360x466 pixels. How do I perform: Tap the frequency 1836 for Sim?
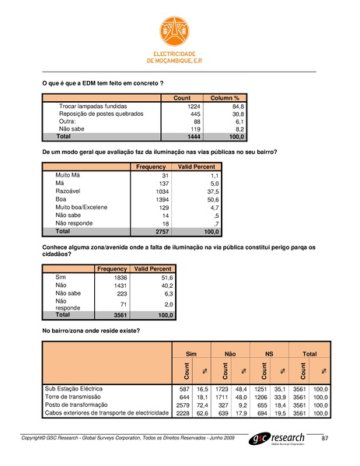coord(118,278)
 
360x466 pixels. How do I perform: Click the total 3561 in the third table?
coord(118,315)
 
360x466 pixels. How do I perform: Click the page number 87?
coord(325,440)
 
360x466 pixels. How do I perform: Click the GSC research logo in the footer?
coord(285,440)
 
